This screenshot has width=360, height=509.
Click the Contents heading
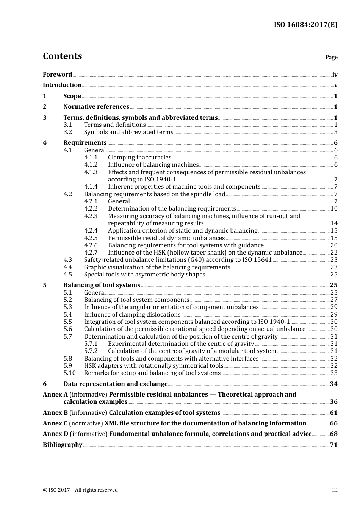pos(62,56)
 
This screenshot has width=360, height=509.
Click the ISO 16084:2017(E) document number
pos(305,25)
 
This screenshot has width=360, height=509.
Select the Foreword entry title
pos(57,74)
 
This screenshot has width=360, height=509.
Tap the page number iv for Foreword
pos(335,75)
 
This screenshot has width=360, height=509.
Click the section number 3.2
pos(67,132)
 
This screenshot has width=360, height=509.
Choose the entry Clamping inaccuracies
pos(139,158)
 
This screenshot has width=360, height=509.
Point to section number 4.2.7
pos(91,253)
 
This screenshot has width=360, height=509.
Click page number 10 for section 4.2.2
pos(334,209)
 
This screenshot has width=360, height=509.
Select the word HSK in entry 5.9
pos(90,366)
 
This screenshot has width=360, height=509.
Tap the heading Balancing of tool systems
pos(102,285)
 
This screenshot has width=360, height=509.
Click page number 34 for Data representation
pos(333,384)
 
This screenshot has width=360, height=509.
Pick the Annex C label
pos(55,423)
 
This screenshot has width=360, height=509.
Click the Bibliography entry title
pos(63,445)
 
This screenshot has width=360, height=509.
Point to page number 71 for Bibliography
pos(333,445)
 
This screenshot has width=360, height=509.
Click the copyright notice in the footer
pos(80,490)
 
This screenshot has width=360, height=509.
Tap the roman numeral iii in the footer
pos(335,490)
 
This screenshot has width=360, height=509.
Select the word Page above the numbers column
pos(331,57)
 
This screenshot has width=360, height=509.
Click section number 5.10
pos(69,373)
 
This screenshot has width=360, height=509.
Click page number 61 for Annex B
pos(333,413)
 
